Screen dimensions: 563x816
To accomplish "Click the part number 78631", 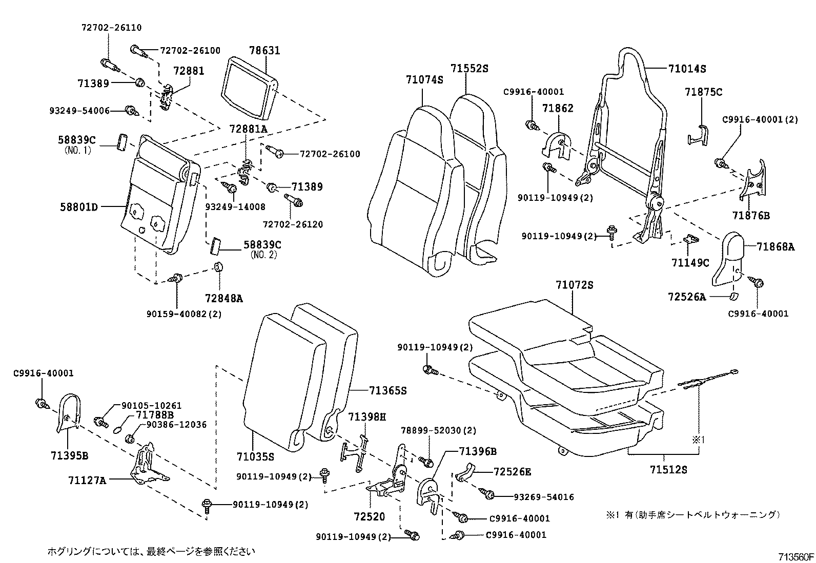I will tap(265, 50).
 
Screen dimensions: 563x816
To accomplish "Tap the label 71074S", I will tap(424, 80).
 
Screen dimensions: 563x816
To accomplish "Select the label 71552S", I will tap(470, 68).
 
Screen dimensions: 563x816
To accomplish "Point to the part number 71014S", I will tap(687, 69).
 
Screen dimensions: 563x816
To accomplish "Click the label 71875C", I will tap(703, 92).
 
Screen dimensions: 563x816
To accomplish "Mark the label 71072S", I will tap(574, 285).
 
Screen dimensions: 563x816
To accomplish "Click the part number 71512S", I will tap(668, 469).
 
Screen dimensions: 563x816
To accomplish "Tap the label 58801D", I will tap(79, 207).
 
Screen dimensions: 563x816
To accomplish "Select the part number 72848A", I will tap(224, 297).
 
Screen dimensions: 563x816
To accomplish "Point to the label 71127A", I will tap(87, 480).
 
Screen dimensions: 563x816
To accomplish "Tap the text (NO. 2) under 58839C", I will tap(263, 255).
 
